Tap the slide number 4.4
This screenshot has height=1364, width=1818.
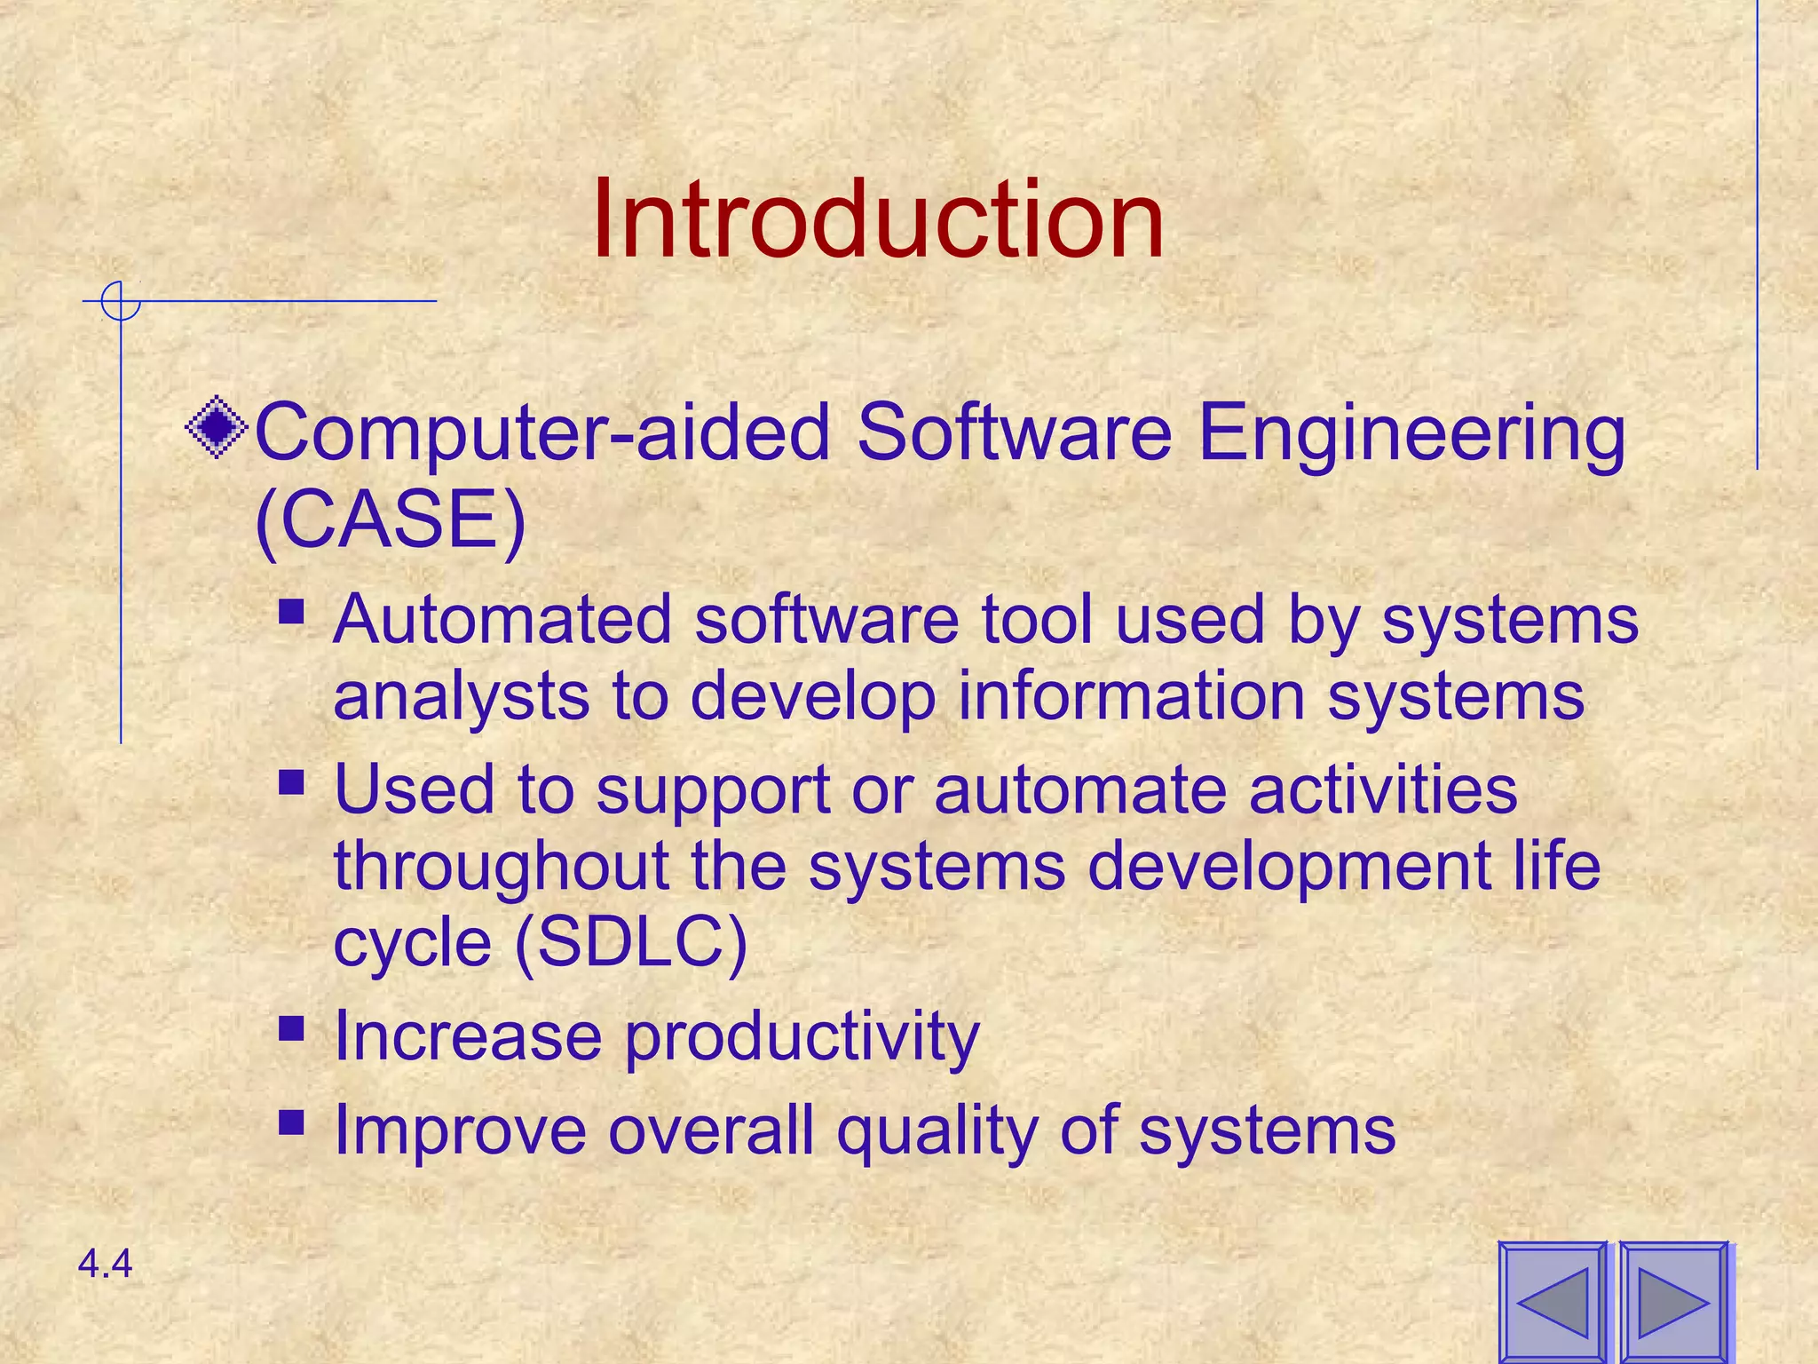(x=105, y=1264)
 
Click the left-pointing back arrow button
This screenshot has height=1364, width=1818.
(x=1553, y=1302)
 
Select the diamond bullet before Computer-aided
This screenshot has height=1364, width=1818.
(x=217, y=429)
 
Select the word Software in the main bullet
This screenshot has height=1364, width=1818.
(x=1014, y=432)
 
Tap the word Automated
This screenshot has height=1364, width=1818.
(x=502, y=619)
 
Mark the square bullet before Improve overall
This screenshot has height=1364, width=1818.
(x=291, y=1122)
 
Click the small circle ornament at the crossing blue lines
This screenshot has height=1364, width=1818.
(x=120, y=301)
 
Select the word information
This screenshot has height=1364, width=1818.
(x=1132, y=695)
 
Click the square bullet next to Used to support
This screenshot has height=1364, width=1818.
(x=291, y=782)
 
